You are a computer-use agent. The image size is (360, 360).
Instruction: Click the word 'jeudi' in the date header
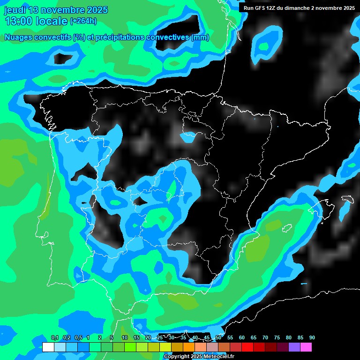pos(15,10)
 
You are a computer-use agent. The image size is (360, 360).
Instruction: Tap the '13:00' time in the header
pos(19,21)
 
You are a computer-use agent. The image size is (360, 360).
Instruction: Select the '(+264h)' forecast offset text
pos(83,21)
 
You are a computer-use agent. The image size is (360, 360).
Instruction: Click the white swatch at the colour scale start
pos(48,347)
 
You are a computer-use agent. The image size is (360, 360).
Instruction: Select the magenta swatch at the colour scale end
pos(306,347)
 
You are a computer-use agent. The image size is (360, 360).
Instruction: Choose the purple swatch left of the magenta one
pos(294,347)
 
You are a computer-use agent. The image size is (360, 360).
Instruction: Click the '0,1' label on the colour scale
pos(55,338)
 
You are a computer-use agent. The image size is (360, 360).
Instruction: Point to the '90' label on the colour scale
pos(312,338)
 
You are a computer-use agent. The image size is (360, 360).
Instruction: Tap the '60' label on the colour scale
pos(242,338)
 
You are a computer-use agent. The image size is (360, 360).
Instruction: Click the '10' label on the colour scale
pos(125,338)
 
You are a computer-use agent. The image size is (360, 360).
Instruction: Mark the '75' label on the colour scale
pos(277,338)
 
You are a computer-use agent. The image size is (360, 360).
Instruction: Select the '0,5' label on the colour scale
pos(78,338)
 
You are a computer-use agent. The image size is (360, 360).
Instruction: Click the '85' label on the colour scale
pos(300,338)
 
